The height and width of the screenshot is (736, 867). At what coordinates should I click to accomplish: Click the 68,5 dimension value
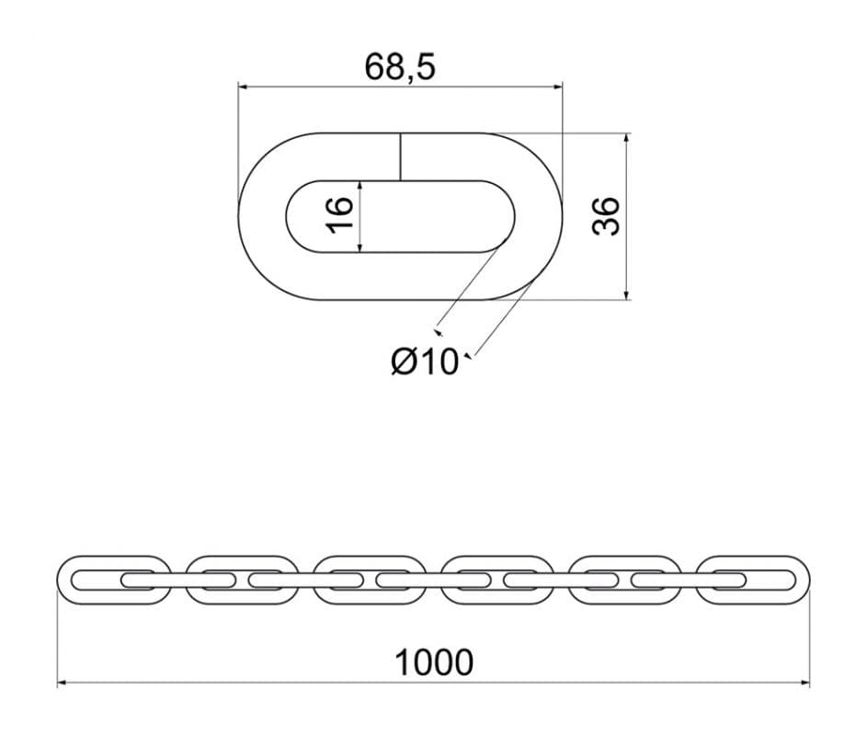pyautogui.click(x=400, y=67)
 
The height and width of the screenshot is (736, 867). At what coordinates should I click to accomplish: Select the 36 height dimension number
pyautogui.click(x=606, y=216)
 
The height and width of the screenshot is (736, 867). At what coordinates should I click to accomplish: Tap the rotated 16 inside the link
pyautogui.click(x=339, y=214)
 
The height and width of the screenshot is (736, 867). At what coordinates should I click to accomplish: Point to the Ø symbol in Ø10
pyautogui.click(x=404, y=362)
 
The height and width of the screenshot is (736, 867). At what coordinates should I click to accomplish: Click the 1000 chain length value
pyautogui.click(x=434, y=662)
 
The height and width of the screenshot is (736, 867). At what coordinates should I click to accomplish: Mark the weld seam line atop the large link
pyautogui.click(x=400, y=156)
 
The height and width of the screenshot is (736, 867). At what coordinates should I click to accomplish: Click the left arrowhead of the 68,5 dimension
pyautogui.click(x=242, y=86)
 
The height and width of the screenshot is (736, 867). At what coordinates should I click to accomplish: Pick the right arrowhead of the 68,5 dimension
pyautogui.click(x=558, y=86)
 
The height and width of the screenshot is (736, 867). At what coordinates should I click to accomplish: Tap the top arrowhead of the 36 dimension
pyautogui.click(x=626, y=137)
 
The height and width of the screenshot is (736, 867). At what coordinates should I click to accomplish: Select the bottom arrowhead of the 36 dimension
pyautogui.click(x=626, y=296)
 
